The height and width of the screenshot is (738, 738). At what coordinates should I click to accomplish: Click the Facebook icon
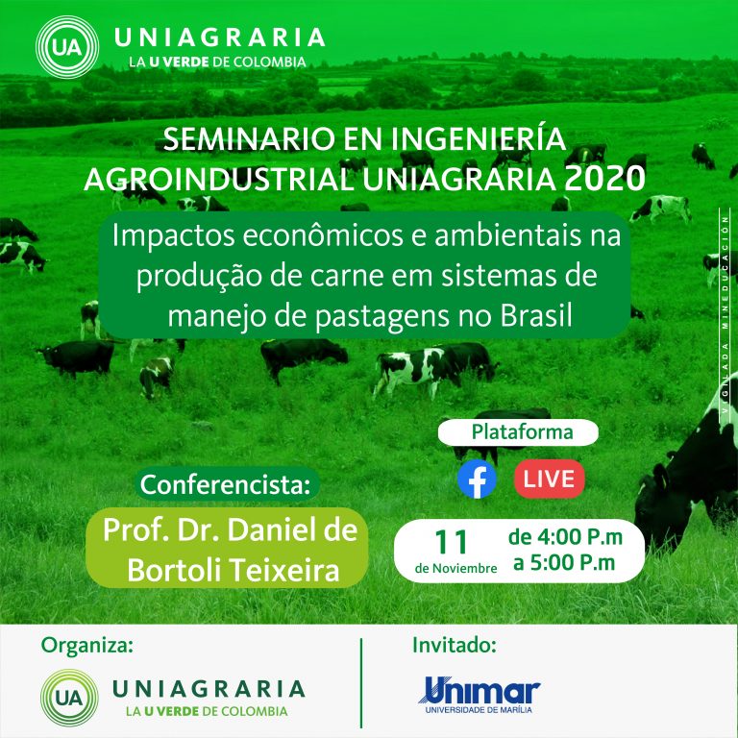point(477,479)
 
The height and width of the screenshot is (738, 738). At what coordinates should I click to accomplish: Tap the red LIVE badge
point(550,479)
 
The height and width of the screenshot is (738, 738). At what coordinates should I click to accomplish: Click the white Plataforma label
point(518,432)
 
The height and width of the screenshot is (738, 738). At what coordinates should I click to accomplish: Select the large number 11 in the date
point(451,542)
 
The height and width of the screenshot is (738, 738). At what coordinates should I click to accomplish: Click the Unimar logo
point(480,695)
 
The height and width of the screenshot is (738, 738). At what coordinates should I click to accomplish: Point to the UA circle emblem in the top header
point(67,47)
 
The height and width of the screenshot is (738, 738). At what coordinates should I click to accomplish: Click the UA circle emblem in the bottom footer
point(69,698)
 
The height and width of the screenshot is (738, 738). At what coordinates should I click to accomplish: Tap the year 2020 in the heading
point(604,179)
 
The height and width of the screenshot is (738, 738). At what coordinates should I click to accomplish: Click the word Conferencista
point(226,484)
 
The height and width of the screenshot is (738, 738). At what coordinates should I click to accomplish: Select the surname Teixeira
point(285,571)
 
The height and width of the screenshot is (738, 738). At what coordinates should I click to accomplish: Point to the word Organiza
point(87,646)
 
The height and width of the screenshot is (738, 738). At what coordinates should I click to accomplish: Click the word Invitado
point(455,646)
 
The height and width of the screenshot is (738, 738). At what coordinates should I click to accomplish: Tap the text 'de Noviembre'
point(455,569)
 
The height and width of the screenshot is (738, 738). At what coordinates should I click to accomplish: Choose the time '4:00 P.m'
point(579,537)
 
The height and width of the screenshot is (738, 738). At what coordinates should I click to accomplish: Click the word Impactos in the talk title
point(173,235)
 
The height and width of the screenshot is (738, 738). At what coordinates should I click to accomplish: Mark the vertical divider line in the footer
point(361,683)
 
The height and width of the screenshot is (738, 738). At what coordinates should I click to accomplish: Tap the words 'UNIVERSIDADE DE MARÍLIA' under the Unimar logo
point(479,710)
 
